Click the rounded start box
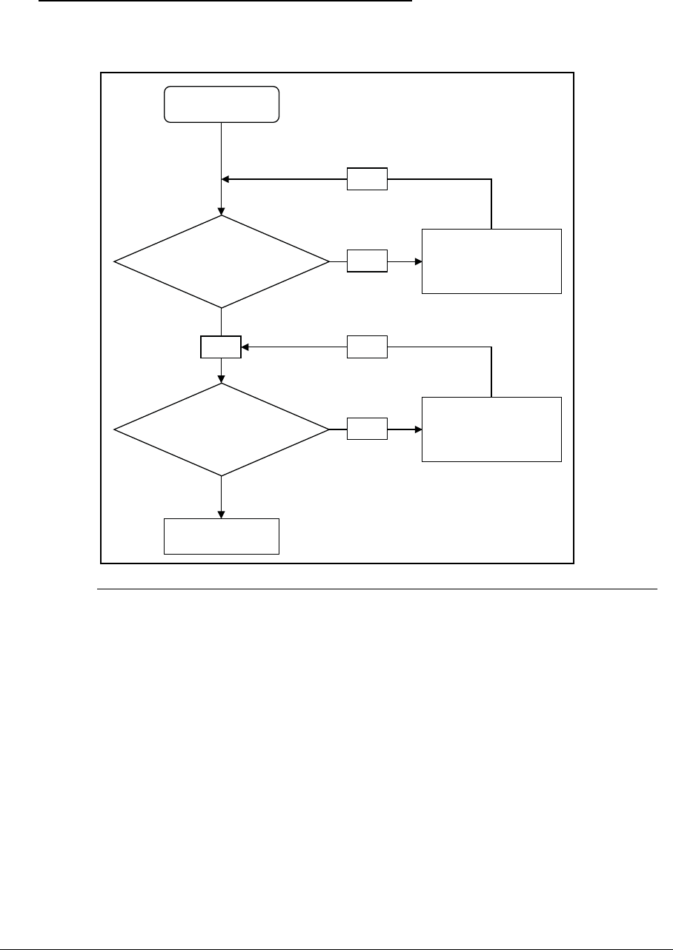[x=222, y=104]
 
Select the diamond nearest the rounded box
[x=222, y=261]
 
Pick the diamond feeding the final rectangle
[x=222, y=429]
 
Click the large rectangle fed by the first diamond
[x=491, y=261]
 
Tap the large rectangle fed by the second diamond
[x=491, y=429]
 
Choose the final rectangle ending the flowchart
[x=222, y=536]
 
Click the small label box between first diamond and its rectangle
[x=367, y=261]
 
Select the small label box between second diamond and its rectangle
[x=367, y=429]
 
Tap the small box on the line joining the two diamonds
[x=221, y=347]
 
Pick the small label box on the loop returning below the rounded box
[x=367, y=178]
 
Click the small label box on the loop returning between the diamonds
[x=367, y=346]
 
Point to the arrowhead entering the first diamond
[x=222, y=211]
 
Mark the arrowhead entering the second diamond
[x=222, y=379]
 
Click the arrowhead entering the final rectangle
[x=222, y=515]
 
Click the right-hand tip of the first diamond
[x=328, y=261]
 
